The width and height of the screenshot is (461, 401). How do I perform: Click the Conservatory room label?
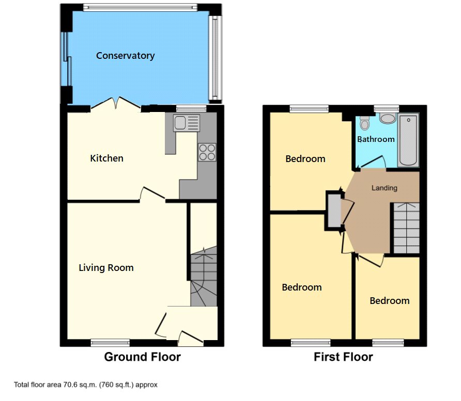125,56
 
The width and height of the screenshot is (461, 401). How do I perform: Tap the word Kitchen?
107,158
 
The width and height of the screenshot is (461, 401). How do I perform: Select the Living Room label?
106,268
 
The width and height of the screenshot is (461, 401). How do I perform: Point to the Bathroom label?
376,139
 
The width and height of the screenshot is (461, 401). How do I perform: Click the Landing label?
385,188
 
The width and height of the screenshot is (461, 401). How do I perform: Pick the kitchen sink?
187,123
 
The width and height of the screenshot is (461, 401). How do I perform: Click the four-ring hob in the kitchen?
207,152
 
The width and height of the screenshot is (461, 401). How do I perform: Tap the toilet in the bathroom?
364,123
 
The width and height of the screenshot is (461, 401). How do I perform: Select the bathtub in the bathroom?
408,140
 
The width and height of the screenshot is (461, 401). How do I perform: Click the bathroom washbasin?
388,118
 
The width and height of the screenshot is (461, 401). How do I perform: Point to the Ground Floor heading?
142,357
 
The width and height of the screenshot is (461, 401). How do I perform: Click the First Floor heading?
343,357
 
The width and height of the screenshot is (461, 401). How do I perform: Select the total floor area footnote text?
86,384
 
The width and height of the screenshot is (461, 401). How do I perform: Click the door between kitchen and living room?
152,195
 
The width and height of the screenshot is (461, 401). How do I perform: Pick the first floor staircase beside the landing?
406,228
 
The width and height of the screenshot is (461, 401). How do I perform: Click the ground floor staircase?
204,277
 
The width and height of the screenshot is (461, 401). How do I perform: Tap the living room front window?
110,343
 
